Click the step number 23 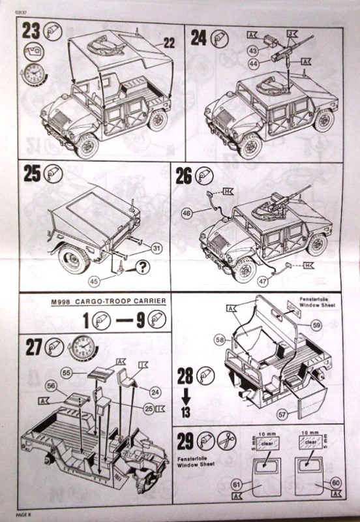(31, 31)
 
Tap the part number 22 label (169, 43)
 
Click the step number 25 (32, 174)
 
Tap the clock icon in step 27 (83, 346)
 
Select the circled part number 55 (66, 371)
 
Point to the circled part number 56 (51, 386)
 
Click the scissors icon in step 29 (226, 440)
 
